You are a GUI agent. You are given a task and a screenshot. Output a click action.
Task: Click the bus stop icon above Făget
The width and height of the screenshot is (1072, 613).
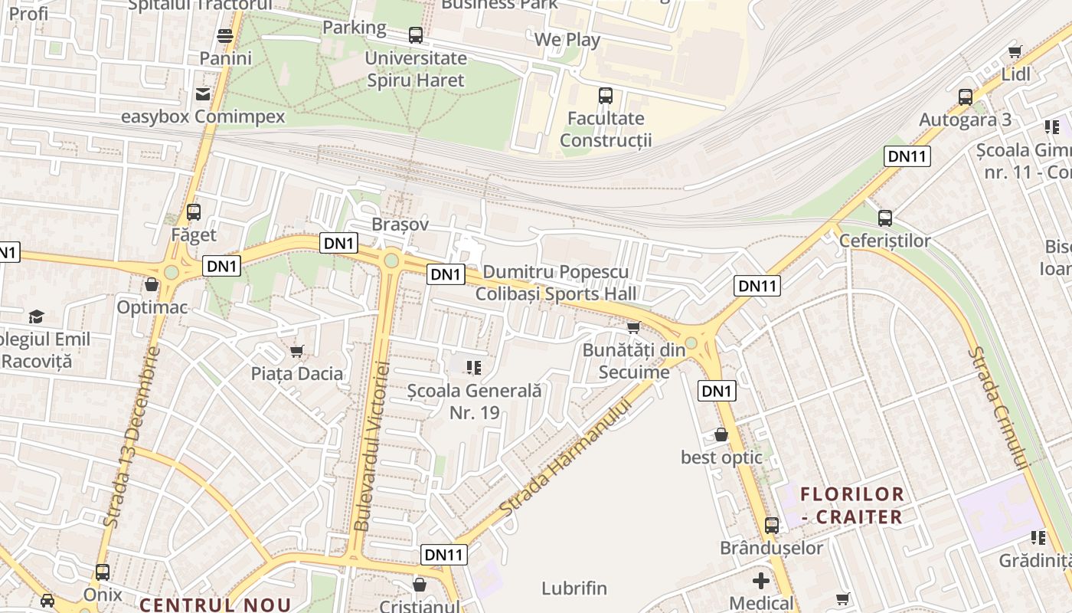[194, 211]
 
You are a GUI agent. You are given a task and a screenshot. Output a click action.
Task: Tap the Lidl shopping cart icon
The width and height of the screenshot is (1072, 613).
[1015, 52]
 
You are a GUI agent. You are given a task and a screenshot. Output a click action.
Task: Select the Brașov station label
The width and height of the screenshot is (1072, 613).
[400, 225]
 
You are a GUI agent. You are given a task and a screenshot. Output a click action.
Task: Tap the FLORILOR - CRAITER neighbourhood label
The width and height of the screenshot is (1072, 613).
[852, 505]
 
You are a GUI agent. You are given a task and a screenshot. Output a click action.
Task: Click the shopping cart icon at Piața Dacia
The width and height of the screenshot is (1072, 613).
[297, 351]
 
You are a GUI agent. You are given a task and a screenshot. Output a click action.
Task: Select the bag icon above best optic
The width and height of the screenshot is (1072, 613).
[721, 434]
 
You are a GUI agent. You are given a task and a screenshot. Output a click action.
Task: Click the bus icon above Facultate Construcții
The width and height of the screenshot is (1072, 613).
[606, 96]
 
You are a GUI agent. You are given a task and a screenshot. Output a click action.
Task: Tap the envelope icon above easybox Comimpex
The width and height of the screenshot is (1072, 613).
[203, 94]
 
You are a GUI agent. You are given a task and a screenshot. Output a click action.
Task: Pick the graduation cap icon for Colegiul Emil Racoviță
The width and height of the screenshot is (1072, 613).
[36, 316]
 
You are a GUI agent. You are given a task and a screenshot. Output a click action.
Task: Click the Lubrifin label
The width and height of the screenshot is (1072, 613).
[574, 588]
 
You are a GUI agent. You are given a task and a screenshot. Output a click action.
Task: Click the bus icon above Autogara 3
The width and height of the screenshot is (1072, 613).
[966, 97]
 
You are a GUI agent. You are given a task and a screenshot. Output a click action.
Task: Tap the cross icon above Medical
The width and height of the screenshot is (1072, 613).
[761, 580]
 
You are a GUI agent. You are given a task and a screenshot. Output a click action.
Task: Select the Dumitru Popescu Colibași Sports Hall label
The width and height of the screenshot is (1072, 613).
[556, 283]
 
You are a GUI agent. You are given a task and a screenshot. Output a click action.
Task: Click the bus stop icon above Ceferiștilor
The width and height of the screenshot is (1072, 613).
[885, 218]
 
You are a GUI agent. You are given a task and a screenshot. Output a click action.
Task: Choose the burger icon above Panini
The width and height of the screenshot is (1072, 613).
[225, 35]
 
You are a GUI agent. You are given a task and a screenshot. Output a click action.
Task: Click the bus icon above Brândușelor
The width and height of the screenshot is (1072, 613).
[772, 526]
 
